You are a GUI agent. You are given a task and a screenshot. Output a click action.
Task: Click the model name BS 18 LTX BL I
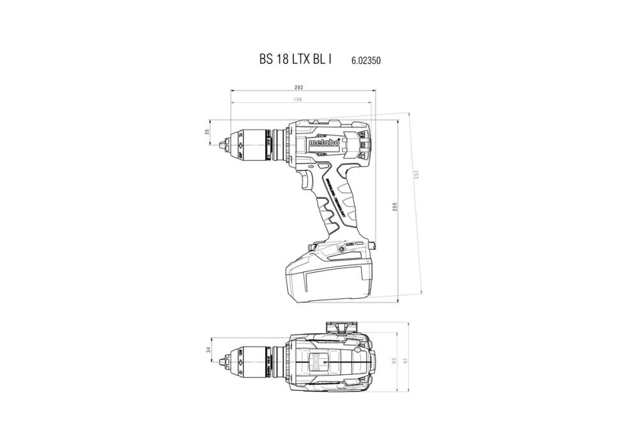point(295,59)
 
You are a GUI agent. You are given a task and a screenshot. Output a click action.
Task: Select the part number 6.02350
point(366,61)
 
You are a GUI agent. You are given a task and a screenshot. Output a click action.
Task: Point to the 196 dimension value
point(298,100)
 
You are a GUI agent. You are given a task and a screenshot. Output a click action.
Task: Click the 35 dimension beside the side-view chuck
point(207,132)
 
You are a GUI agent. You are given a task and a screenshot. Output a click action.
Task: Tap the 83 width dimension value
point(394,361)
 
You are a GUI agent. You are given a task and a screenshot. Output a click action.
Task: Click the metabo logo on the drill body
point(324,143)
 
